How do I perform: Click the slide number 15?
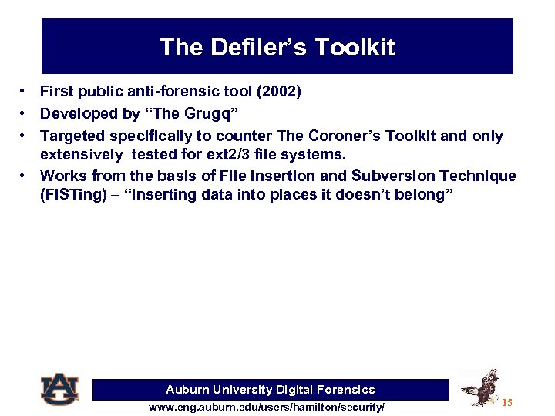(x=507, y=403)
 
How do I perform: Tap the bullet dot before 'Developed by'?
(x=25, y=114)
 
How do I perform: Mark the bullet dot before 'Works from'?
(x=25, y=176)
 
